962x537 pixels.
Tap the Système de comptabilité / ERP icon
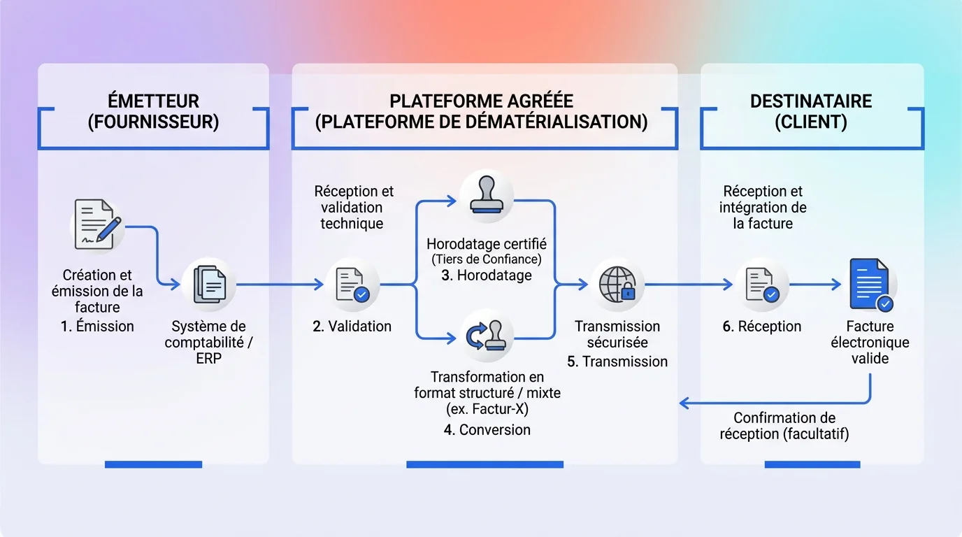[x=209, y=285]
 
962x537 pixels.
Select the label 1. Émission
[x=97, y=326]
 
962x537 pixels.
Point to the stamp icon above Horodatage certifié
[x=487, y=196]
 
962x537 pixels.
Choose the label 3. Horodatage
[x=487, y=275]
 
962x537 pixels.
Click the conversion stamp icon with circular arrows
[x=487, y=336]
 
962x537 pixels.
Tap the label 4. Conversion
[x=487, y=430]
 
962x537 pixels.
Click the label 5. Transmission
[x=617, y=361]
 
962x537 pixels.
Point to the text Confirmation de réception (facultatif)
[x=784, y=426]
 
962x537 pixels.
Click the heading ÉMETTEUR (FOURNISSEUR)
[x=153, y=111]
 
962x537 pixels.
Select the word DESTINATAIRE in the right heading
[x=811, y=101]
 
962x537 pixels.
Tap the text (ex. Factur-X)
[x=487, y=409]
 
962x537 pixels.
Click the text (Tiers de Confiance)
[x=487, y=260]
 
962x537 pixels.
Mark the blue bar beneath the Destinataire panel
[x=812, y=464]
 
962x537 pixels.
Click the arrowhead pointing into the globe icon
[x=584, y=285]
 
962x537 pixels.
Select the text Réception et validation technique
[x=353, y=207]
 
